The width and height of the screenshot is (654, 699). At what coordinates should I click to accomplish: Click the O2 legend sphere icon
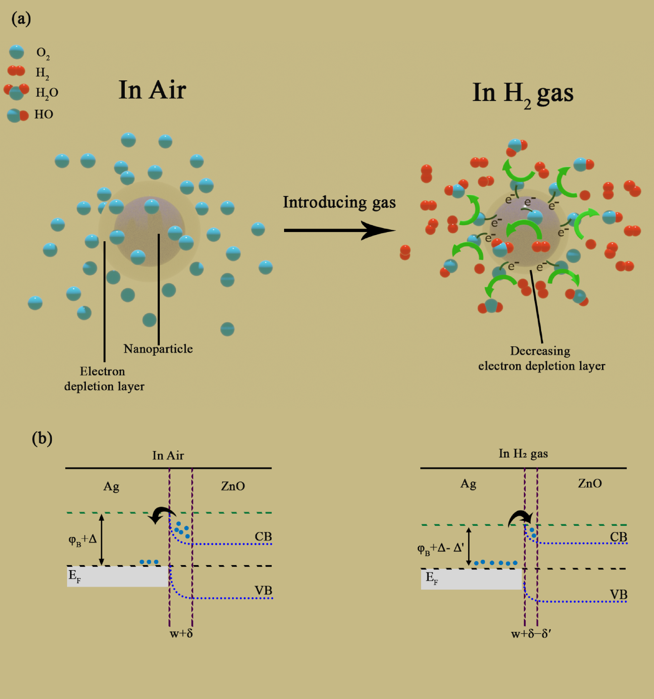coord(16,52)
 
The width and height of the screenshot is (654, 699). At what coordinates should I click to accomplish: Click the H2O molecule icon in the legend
coord(16,92)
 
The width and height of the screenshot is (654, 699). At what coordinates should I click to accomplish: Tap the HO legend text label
coord(44,114)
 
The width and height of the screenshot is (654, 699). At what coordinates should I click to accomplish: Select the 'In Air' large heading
coord(152,90)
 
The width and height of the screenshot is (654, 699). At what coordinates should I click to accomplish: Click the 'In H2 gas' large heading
coord(523,94)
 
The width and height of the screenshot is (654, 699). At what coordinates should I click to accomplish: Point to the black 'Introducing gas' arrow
coord(339,230)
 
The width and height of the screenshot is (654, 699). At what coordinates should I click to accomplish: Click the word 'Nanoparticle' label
coord(158,348)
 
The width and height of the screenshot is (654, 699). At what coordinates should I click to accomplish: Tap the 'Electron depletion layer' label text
coord(104,379)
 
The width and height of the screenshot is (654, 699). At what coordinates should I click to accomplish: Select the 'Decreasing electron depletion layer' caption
coord(541,358)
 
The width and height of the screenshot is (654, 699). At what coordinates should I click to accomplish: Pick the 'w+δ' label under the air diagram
coord(181,633)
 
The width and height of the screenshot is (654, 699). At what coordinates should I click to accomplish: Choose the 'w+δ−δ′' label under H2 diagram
coord(531,634)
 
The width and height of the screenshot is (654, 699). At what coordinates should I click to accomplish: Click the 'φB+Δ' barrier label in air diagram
coord(83,539)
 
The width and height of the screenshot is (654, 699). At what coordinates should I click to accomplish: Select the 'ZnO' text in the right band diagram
coord(590,484)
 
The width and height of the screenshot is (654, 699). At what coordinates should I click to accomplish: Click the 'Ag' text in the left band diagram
coord(111,486)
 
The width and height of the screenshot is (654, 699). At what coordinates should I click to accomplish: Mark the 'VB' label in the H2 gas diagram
coord(618,594)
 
